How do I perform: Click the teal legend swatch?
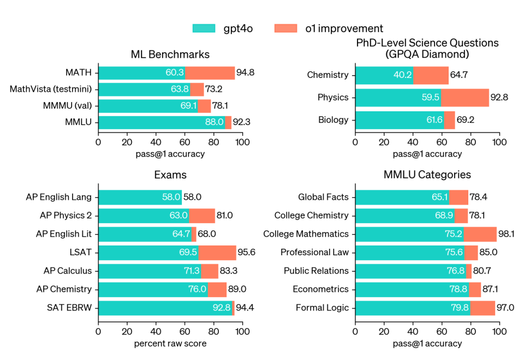(204, 28)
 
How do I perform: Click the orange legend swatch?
(285, 28)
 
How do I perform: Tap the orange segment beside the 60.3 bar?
(210, 73)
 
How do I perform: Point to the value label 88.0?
(214, 122)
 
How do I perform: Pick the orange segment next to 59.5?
(465, 98)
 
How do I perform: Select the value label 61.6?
(434, 120)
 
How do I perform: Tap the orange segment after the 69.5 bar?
(217, 253)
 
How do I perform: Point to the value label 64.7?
(181, 235)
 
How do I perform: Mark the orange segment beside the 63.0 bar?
(202, 216)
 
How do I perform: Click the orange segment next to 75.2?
(480, 235)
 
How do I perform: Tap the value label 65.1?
(439, 197)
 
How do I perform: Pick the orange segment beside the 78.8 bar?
(475, 290)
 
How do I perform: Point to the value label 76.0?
(197, 290)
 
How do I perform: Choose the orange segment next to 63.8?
(197, 89)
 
